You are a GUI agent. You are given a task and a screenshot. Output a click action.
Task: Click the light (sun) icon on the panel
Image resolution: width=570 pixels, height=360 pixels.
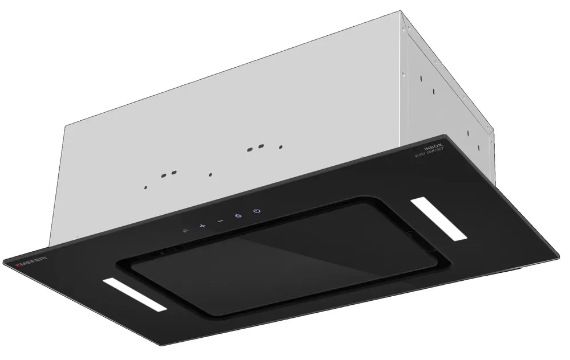point(238,216)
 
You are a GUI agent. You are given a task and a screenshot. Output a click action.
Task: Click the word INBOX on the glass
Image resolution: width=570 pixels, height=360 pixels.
point(439,146)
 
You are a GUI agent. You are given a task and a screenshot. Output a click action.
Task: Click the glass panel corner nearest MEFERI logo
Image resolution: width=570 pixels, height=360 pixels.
point(5,263)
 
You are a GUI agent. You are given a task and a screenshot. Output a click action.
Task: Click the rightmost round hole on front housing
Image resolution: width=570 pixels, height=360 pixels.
point(280,147)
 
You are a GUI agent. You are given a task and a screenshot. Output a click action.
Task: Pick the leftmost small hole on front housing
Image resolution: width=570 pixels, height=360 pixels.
point(145,186)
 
